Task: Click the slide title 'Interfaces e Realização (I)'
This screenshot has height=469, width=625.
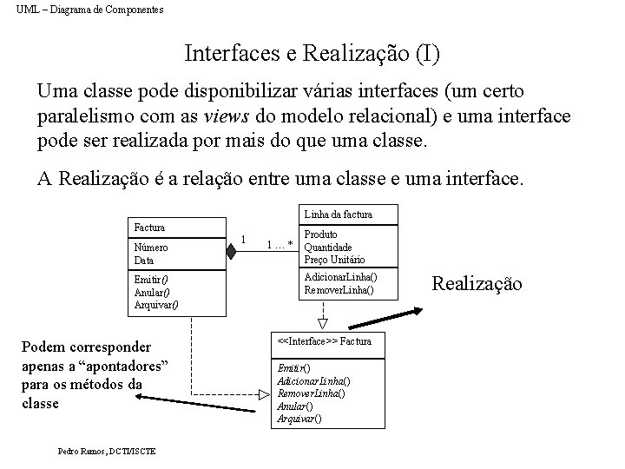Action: point(312,54)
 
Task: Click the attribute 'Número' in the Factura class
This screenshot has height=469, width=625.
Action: point(151,248)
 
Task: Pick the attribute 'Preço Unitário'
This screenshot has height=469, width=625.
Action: point(334,260)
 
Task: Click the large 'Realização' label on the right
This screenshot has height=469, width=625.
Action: point(477,283)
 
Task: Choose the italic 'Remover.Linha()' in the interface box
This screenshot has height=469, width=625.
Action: point(311,393)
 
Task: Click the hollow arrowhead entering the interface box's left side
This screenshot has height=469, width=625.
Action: point(265,393)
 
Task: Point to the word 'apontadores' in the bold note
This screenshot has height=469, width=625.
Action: point(118,365)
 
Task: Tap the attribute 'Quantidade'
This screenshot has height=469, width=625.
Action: point(328,247)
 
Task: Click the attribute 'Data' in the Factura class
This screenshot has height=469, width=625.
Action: point(144,260)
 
